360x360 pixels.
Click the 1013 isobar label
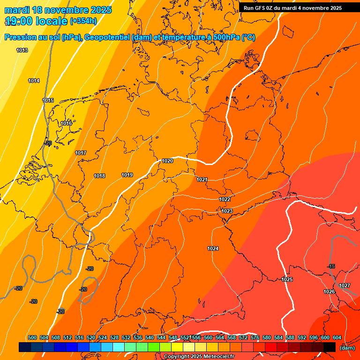click(22, 50)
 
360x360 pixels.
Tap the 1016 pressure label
click(66, 123)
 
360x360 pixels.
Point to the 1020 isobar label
click(167, 161)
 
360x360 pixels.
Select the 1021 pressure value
click(202, 180)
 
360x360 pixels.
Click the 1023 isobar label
click(227, 211)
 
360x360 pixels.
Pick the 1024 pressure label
click(213, 248)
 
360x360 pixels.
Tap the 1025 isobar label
click(287, 279)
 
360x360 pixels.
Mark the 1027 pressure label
click(344, 285)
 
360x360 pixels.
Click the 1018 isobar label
click(99, 176)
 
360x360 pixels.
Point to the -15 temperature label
click(331, 266)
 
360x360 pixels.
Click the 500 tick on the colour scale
click(32, 337)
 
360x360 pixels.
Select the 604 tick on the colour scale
click(337, 337)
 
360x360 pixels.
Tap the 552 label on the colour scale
click(185, 337)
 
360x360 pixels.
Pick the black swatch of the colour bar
click(330, 347)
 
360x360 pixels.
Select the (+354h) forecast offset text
click(83, 21)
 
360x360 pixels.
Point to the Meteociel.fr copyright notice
click(199, 357)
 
